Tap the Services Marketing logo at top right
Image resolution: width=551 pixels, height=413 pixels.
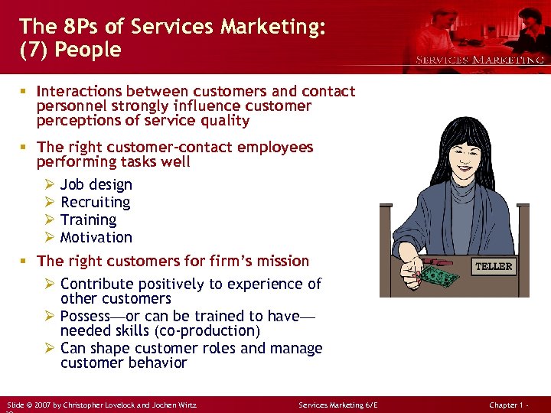point(479,59)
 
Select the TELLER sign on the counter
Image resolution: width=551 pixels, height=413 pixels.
point(494,266)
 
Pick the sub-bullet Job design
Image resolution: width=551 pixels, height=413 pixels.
point(96,184)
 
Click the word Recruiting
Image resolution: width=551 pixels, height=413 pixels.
point(95,202)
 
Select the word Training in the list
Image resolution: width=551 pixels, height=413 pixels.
point(88,220)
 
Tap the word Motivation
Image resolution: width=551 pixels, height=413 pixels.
point(96,237)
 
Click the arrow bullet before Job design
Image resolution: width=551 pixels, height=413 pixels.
point(49,184)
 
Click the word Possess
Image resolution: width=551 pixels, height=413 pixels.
point(85,316)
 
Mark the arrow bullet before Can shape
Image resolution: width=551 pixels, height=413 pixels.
point(49,348)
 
